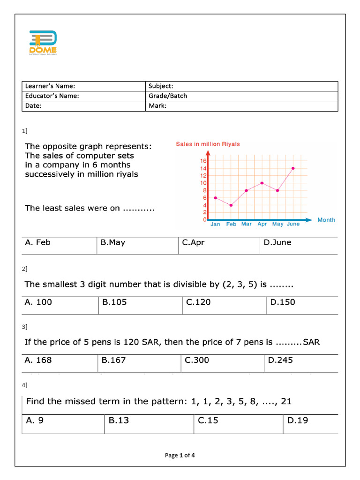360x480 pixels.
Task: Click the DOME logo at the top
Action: coord(43,43)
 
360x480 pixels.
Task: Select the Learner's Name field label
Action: coord(50,86)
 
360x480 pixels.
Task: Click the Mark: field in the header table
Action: coord(157,106)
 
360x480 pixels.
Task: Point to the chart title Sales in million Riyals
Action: coord(208,144)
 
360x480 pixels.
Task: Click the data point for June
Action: coord(293,168)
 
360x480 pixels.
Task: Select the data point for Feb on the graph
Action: coord(231,205)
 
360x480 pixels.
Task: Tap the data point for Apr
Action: coord(262,183)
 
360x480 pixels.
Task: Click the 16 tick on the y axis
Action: coord(204,161)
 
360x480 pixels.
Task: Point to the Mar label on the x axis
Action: coord(247,224)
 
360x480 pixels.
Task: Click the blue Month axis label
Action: coord(326,220)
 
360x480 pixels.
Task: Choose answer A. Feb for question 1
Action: coord(38,243)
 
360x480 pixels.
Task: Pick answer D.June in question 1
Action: coord(277,243)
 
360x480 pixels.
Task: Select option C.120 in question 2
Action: coord(198,302)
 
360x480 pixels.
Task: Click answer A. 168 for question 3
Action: coord(38,360)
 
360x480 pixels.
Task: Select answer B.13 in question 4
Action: coord(119,420)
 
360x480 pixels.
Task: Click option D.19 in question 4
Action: coord(298,420)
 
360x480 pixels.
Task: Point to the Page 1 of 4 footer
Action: coord(180,455)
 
